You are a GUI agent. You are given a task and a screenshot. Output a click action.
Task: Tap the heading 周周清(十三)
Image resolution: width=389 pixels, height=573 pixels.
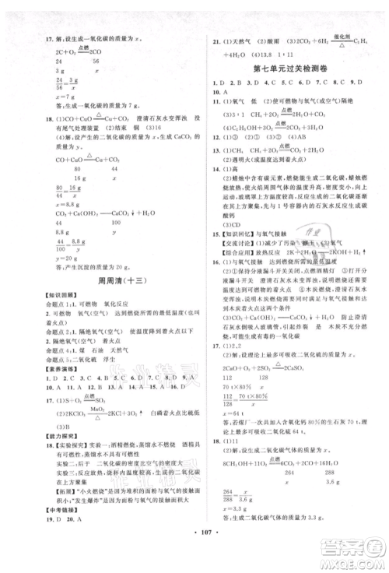point(101,301)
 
